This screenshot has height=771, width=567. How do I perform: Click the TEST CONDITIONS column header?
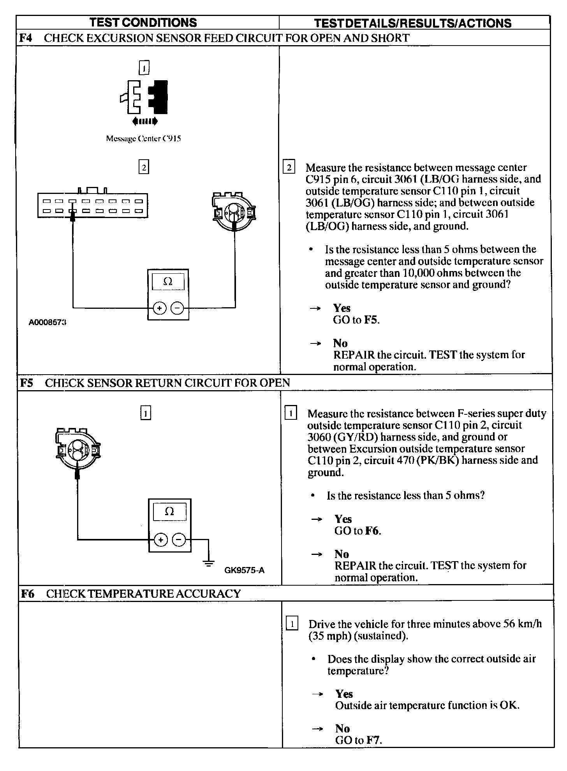point(143,23)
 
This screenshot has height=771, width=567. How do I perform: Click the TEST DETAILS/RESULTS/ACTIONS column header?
point(412,23)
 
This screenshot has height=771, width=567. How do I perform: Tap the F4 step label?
point(26,38)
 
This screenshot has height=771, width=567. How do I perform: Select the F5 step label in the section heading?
point(27,383)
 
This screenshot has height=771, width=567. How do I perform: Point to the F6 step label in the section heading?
point(28,594)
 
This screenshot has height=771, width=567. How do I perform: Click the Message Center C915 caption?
point(143,138)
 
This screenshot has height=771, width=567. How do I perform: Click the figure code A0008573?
point(47,323)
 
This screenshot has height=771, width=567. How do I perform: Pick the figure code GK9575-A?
point(244,570)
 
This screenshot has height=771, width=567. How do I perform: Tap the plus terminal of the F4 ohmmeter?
point(159,308)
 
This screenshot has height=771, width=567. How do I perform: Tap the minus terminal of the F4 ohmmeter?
point(177,308)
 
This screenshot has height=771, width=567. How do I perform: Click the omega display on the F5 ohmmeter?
point(169,512)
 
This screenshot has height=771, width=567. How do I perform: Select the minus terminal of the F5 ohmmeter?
point(179,540)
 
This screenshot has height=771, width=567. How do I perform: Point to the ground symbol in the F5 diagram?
point(209,563)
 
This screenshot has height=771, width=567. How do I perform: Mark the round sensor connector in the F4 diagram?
point(234,212)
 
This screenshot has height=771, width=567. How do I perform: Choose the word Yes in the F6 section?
point(344,694)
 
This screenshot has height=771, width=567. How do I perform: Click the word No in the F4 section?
point(340,343)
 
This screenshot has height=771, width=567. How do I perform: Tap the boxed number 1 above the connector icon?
point(144,69)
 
